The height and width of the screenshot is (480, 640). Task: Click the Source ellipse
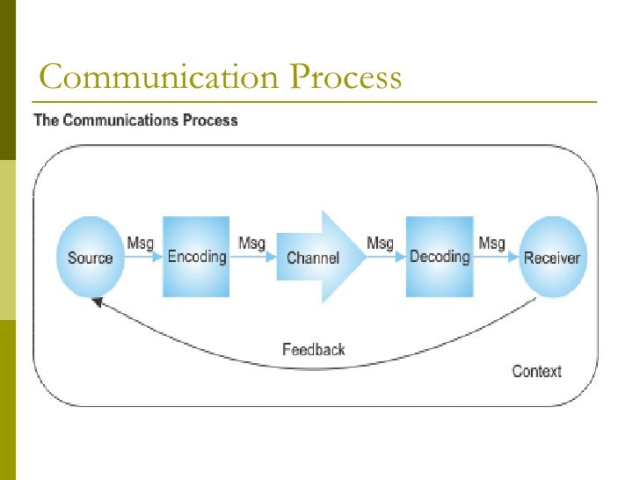(91, 257)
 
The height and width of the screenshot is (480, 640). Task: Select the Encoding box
(196, 257)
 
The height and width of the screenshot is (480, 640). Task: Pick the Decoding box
(440, 257)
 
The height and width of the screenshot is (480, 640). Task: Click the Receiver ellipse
(551, 258)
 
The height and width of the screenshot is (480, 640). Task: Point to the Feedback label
(314, 349)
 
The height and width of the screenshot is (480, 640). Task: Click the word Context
(536, 371)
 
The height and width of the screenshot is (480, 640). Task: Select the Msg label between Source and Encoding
(142, 242)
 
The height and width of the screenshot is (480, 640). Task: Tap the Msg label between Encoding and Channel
(252, 242)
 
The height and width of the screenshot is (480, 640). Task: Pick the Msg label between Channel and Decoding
(380, 242)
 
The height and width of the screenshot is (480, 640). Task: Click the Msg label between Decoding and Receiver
(491, 242)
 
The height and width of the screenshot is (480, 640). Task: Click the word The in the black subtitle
(46, 120)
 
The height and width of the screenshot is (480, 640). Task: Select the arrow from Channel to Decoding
(387, 258)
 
